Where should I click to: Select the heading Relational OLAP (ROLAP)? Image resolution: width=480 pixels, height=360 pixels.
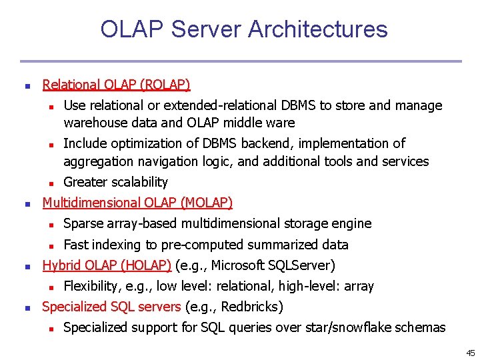tap(116, 85)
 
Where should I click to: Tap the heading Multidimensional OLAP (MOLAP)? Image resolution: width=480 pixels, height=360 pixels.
tap(137, 203)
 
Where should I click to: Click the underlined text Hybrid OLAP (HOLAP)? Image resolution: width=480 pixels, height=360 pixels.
tap(107, 265)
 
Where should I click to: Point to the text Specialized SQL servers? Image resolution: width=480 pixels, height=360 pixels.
tap(111, 307)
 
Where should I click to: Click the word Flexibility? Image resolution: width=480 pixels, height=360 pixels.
tap(91, 286)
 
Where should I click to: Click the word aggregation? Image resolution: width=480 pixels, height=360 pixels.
tap(95, 161)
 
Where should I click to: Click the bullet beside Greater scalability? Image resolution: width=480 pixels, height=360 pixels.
tap(50, 183)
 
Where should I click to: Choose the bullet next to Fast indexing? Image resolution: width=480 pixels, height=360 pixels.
tap(50, 245)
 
